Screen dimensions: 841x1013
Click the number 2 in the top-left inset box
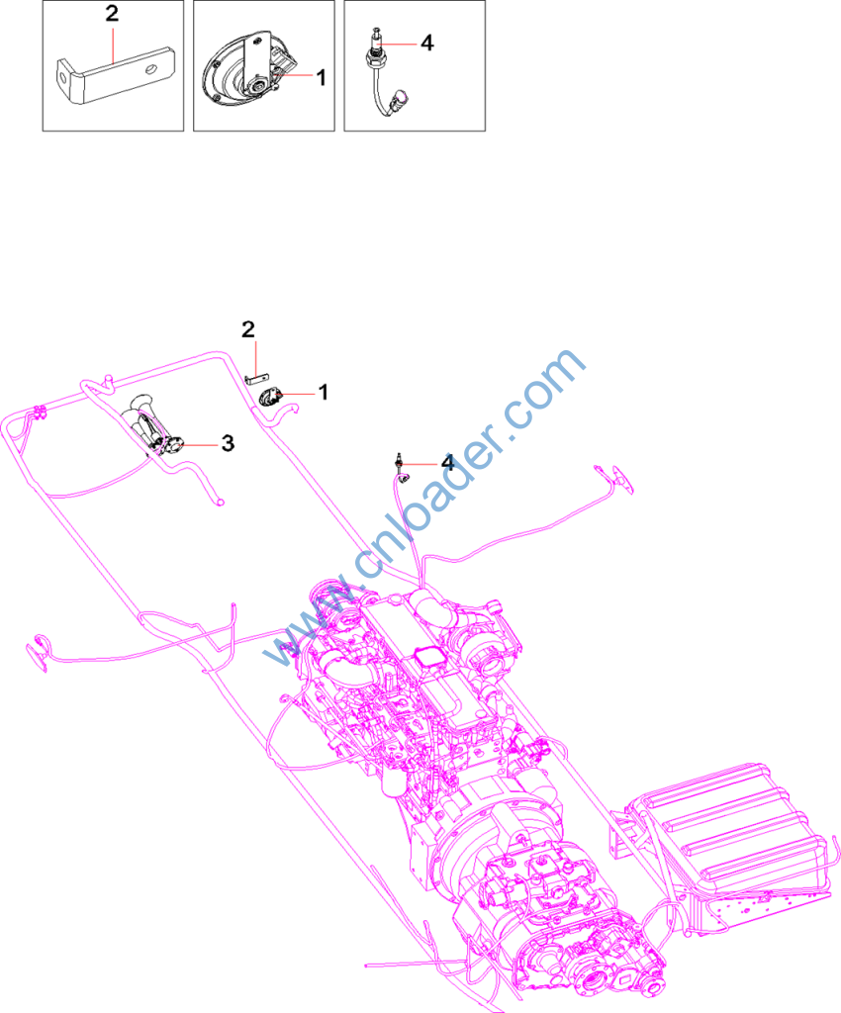pos(113,14)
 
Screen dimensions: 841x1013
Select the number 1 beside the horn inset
pos(321,77)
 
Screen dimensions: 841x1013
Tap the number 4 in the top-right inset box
pos(427,44)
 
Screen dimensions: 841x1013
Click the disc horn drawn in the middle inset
pos(248,76)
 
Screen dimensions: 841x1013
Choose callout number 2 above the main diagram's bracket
pos(248,329)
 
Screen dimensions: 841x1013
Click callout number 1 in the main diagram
pos(324,392)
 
